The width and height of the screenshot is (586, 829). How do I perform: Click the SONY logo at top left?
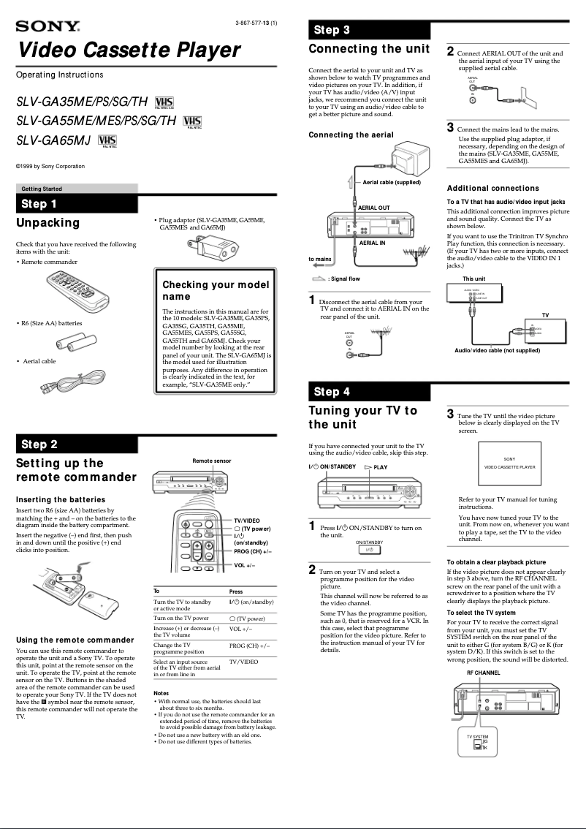(x=47, y=27)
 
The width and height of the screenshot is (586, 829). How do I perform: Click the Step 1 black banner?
(x=77, y=204)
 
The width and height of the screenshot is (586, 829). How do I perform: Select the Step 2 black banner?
(x=77, y=444)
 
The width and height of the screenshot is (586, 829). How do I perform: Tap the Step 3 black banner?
(x=368, y=30)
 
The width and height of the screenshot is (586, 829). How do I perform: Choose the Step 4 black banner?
(x=368, y=391)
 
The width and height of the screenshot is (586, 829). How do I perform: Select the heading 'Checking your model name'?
(x=215, y=290)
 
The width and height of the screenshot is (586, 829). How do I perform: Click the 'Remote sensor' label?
(x=212, y=461)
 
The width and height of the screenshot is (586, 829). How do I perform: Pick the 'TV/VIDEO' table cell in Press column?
(x=243, y=661)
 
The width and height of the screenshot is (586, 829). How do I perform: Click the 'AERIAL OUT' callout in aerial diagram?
(x=373, y=208)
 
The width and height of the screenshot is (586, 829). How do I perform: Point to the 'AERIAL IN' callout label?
(x=372, y=242)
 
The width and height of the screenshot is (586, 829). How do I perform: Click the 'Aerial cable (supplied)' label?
(x=392, y=182)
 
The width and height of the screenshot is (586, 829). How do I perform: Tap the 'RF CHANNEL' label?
(x=483, y=672)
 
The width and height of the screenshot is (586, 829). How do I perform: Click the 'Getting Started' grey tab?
(x=42, y=189)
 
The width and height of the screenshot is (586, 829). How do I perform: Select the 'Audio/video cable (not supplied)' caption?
(x=497, y=351)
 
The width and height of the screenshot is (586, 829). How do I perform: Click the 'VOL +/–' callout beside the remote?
(x=244, y=565)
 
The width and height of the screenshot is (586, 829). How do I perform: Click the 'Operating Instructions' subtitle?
(x=59, y=75)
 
